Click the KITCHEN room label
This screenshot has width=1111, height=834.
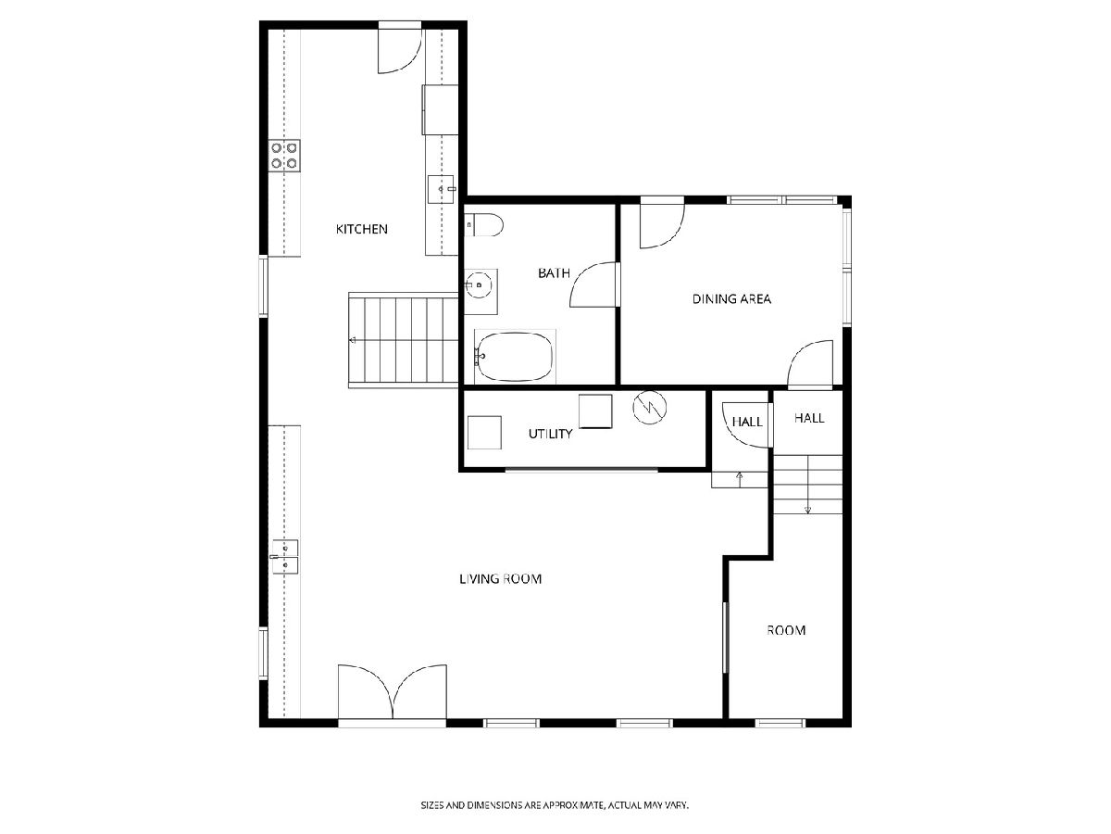tap(361, 230)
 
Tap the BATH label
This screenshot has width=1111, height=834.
tap(554, 273)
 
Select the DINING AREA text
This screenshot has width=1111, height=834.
tap(731, 299)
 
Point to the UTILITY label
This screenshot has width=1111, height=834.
tap(550, 434)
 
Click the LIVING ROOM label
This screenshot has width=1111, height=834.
tap(500, 579)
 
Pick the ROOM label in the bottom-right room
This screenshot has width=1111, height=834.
tap(786, 630)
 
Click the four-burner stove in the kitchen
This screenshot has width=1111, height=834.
tap(284, 156)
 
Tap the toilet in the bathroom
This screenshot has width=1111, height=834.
tap(484, 225)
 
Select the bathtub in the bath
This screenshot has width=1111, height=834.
tap(515, 357)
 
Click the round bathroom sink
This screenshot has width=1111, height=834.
tap(479, 284)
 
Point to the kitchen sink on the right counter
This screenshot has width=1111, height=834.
tap(441, 189)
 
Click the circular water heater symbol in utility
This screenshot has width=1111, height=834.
tap(649, 407)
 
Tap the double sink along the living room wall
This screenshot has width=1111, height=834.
tap(285, 557)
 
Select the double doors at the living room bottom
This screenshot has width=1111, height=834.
tap(393, 691)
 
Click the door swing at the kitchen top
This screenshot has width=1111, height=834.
tap(400, 51)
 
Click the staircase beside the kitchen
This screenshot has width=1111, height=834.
tap(404, 340)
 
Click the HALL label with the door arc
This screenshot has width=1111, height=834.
tap(747, 422)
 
